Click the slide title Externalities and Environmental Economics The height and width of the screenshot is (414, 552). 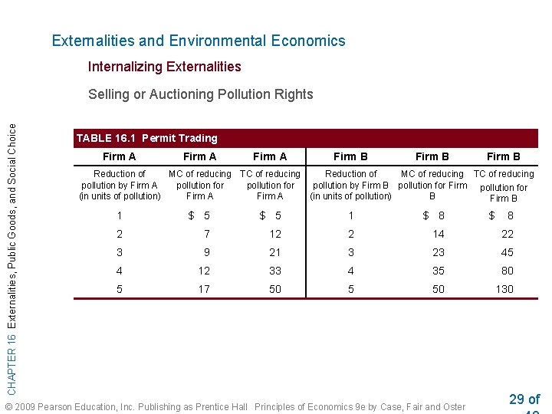[x=199, y=41]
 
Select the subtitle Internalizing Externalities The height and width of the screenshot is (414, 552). [x=164, y=67]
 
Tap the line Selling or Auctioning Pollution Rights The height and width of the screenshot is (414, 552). [x=200, y=94]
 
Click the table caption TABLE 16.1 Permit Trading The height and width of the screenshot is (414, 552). [x=146, y=138]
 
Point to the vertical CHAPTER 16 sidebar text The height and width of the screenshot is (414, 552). [x=12, y=249]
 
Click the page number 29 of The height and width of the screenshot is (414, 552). [x=524, y=399]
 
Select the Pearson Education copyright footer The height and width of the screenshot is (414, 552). [x=235, y=406]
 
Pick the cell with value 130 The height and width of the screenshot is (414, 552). [x=504, y=289]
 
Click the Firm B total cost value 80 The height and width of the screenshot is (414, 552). [x=507, y=271]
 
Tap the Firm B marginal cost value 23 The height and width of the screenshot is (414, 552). [x=438, y=252]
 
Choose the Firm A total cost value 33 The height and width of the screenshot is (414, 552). [x=275, y=271]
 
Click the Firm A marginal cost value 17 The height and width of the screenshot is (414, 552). [x=203, y=289]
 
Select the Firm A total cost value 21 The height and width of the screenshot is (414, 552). [x=275, y=252]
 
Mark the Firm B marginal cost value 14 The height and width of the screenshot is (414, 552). [x=438, y=234]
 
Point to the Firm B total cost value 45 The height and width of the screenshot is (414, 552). [x=507, y=252]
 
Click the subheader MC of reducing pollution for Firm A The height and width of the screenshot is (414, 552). [x=199, y=185]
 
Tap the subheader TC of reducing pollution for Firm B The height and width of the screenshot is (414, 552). [x=503, y=186]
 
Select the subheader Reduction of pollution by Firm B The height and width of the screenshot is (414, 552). [x=350, y=185]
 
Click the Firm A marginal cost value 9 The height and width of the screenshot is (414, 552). [x=206, y=252]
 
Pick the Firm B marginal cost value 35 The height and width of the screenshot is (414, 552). [x=438, y=271]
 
